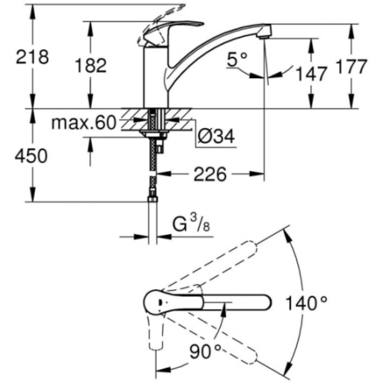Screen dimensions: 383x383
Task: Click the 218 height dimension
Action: click(32, 57)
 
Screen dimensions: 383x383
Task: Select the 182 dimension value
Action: click(91, 65)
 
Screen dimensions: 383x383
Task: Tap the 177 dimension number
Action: click(351, 66)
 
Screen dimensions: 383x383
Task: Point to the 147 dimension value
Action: click(311, 74)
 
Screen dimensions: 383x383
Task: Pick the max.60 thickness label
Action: click(83, 123)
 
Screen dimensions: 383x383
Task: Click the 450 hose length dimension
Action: click(31, 156)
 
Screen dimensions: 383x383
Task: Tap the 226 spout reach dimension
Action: click(210, 174)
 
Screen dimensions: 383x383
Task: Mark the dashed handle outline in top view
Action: click(155, 332)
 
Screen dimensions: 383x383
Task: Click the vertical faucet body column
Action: click(156, 77)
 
